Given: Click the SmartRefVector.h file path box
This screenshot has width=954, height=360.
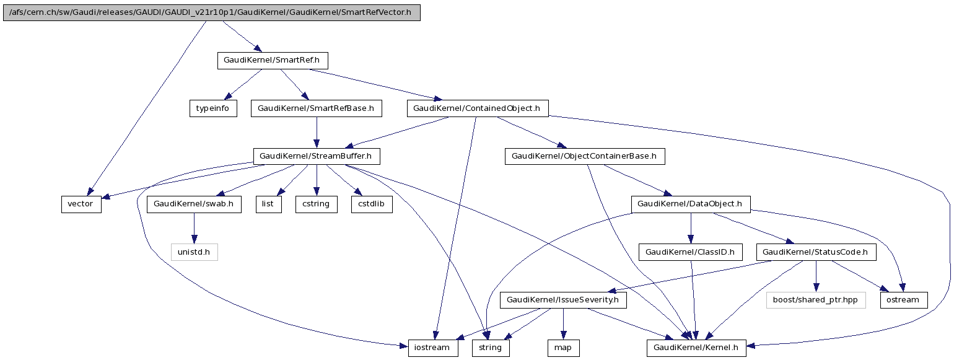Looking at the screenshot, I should [211, 12].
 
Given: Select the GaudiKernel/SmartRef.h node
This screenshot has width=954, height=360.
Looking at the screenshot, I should [272, 61].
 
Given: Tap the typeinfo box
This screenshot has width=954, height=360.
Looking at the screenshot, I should [213, 108].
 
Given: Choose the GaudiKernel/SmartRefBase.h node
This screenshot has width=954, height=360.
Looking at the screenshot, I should [316, 108].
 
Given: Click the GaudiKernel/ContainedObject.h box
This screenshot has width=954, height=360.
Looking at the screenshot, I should [477, 108].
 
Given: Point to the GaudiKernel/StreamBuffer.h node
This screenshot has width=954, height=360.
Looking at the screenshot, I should [316, 156].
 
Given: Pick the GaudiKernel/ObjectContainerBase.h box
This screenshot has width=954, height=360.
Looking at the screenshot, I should [585, 156].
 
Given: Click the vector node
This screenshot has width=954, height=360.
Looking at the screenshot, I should [81, 204].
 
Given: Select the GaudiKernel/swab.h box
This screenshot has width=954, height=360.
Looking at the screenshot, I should [194, 204].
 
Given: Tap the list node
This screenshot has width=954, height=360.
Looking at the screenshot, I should [269, 204].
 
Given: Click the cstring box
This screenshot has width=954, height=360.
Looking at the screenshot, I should [316, 204].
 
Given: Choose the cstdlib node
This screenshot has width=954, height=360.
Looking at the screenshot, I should [372, 204].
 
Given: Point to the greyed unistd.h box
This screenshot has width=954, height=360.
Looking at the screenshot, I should [194, 252].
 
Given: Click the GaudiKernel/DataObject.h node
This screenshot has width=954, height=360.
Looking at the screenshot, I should [690, 204].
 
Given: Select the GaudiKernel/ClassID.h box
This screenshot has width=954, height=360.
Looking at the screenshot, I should [690, 252].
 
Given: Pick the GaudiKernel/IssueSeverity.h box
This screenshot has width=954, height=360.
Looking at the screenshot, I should [563, 300].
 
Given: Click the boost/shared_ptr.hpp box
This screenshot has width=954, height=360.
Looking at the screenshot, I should [815, 300].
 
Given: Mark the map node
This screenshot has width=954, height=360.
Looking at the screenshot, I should [563, 348].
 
